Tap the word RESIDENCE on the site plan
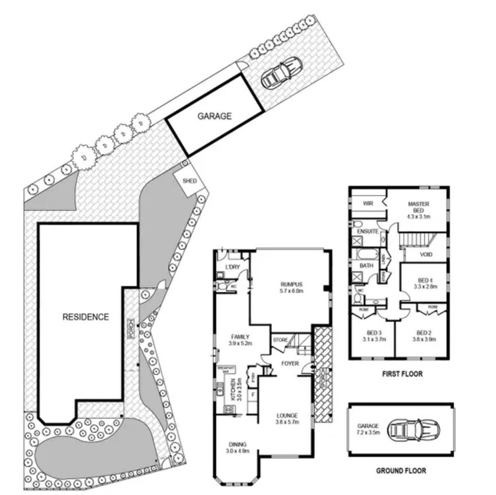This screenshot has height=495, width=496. pos(85,317)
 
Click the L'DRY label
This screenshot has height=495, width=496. pos(231,267)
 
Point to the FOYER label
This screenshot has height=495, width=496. pos(288,362)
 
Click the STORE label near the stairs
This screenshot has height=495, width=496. pos(280,340)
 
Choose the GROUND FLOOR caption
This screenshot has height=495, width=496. pos(402,471)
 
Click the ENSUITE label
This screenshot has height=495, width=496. pos(367,232)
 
